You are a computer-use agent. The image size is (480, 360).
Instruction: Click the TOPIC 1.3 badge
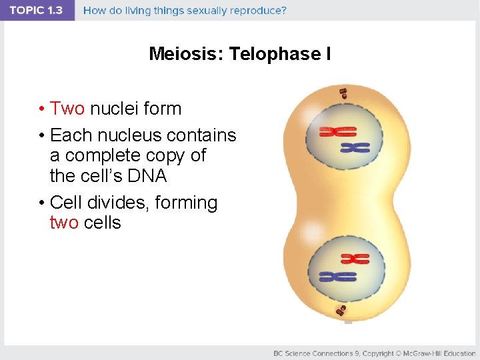pos(37,11)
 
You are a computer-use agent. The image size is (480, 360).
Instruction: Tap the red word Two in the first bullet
pos(67,108)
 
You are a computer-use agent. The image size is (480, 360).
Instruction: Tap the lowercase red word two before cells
pos(64,223)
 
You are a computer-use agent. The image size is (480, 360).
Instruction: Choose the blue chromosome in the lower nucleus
pos(337,275)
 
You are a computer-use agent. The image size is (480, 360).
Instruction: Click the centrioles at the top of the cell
pos(343,93)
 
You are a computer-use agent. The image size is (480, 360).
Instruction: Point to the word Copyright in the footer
pos(378,353)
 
